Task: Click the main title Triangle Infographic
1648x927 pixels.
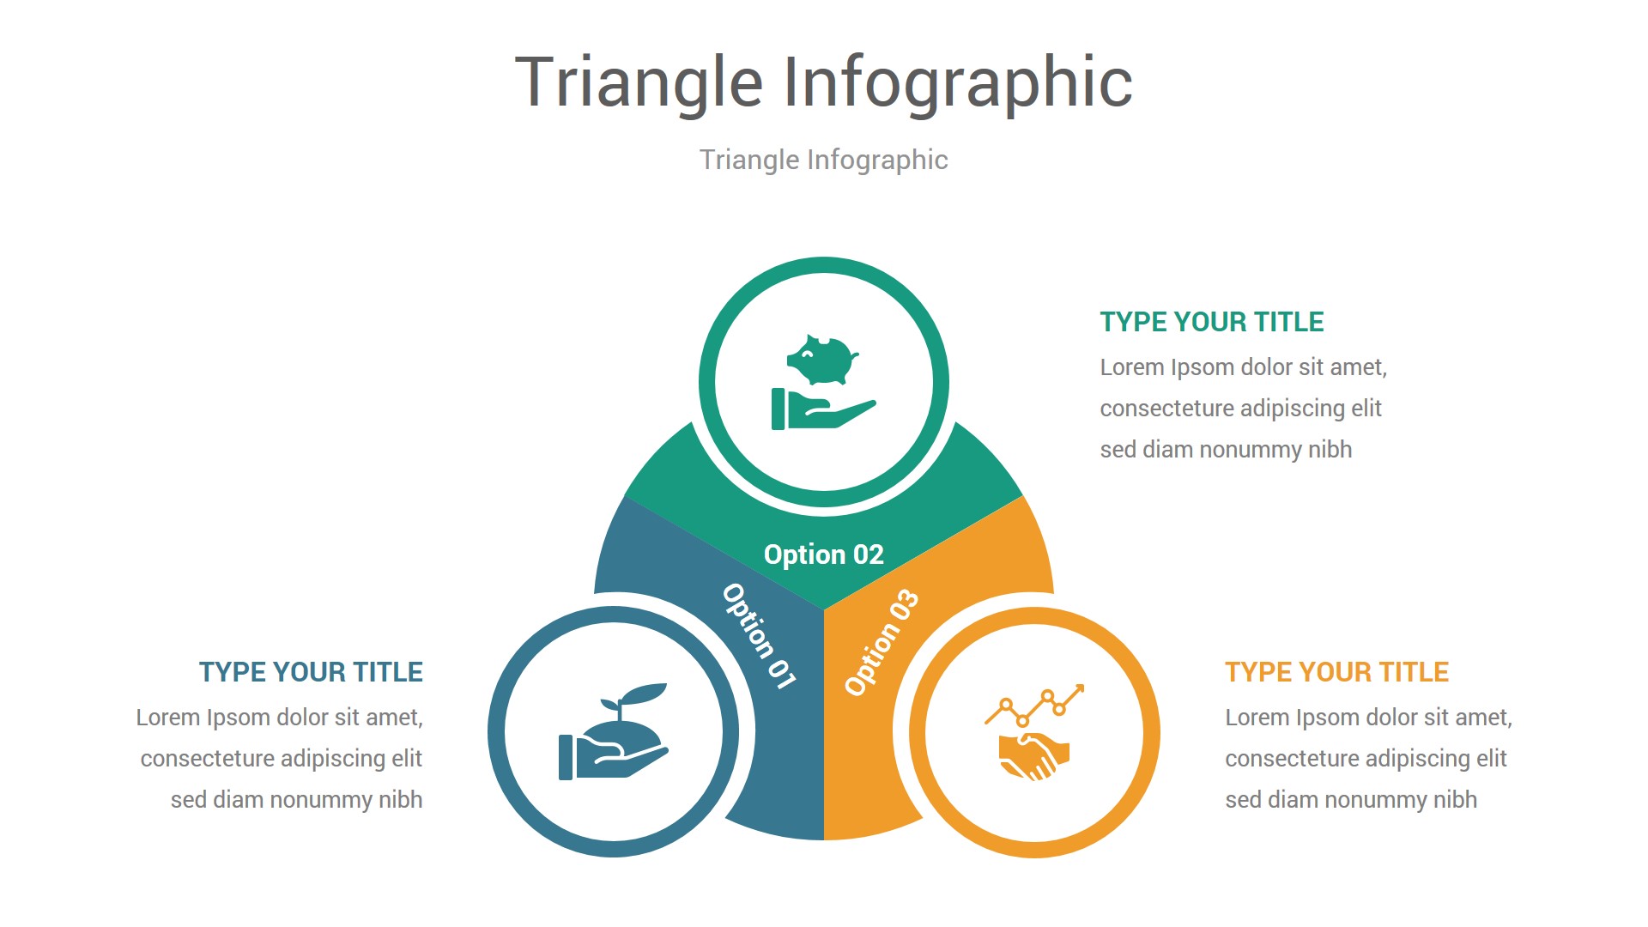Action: [x=824, y=82]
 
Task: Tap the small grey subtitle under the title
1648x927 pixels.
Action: [x=824, y=160]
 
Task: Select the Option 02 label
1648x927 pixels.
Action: [x=824, y=554]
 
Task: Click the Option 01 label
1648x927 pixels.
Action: [x=759, y=636]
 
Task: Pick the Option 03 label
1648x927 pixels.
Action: [x=882, y=642]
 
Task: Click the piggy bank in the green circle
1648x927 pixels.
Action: [x=823, y=360]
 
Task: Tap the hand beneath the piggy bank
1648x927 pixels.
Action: [x=823, y=409]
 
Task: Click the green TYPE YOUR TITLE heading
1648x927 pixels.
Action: [x=1212, y=322]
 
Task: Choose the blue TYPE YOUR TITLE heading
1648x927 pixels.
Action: [x=311, y=672]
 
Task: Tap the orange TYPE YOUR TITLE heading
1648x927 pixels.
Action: [x=1336, y=672]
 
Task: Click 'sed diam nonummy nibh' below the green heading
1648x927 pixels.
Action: [x=1226, y=450]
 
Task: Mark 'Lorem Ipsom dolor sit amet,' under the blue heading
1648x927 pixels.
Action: [x=279, y=718]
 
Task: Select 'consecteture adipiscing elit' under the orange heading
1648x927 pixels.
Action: [x=1366, y=759]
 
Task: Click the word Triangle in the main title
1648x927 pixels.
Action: [x=639, y=82]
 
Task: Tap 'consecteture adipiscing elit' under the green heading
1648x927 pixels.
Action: [x=1240, y=409]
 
